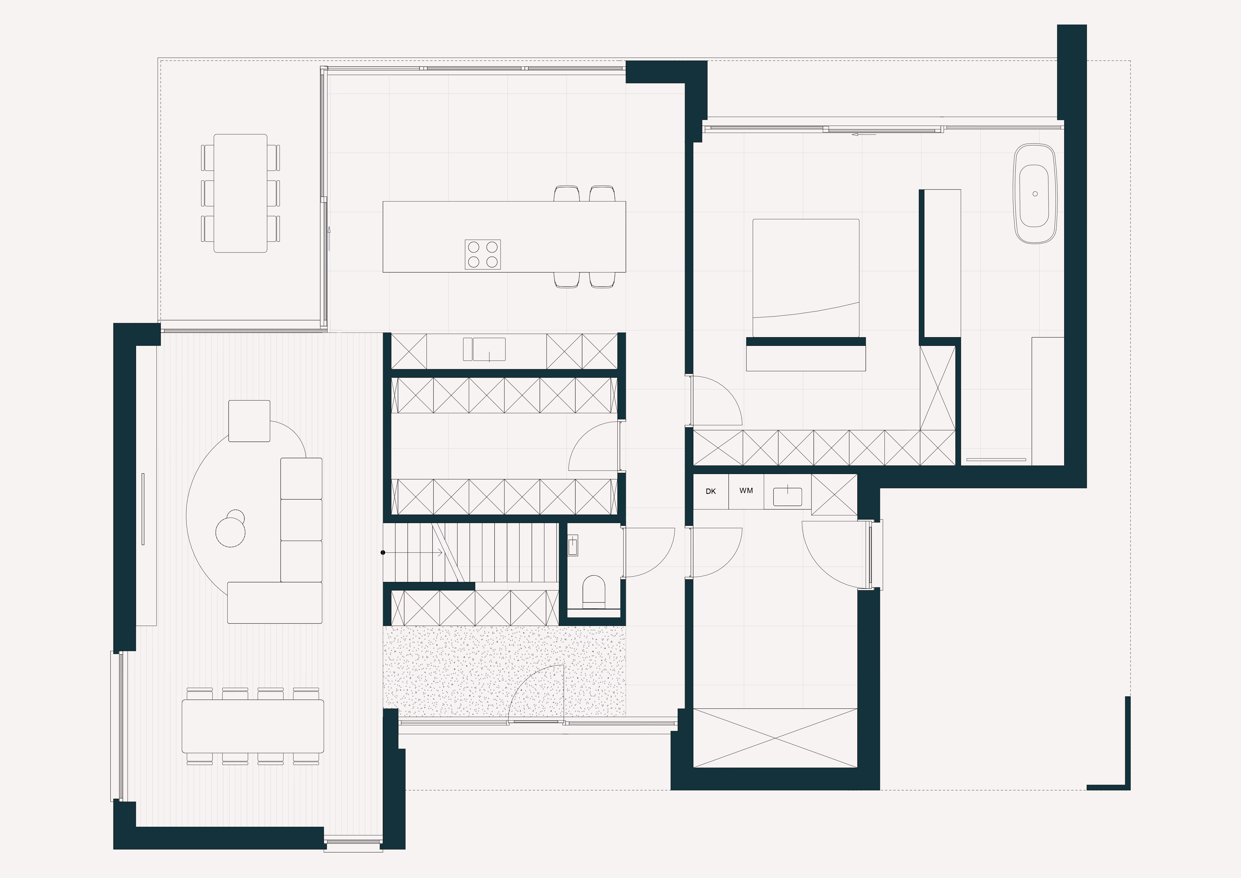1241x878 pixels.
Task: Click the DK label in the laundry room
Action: click(x=711, y=492)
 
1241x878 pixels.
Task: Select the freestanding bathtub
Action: click(x=1035, y=193)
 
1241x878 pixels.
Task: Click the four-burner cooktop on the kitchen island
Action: click(x=483, y=254)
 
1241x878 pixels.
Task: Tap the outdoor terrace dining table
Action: click(x=241, y=193)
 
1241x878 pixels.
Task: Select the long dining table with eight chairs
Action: click(x=252, y=726)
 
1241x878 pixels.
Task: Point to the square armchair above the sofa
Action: click(x=249, y=421)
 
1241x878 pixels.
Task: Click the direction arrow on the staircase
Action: click(x=413, y=553)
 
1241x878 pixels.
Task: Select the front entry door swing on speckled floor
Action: click(x=536, y=694)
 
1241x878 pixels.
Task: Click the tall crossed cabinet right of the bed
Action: click(x=938, y=388)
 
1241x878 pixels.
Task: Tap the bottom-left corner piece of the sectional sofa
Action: click(x=275, y=602)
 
